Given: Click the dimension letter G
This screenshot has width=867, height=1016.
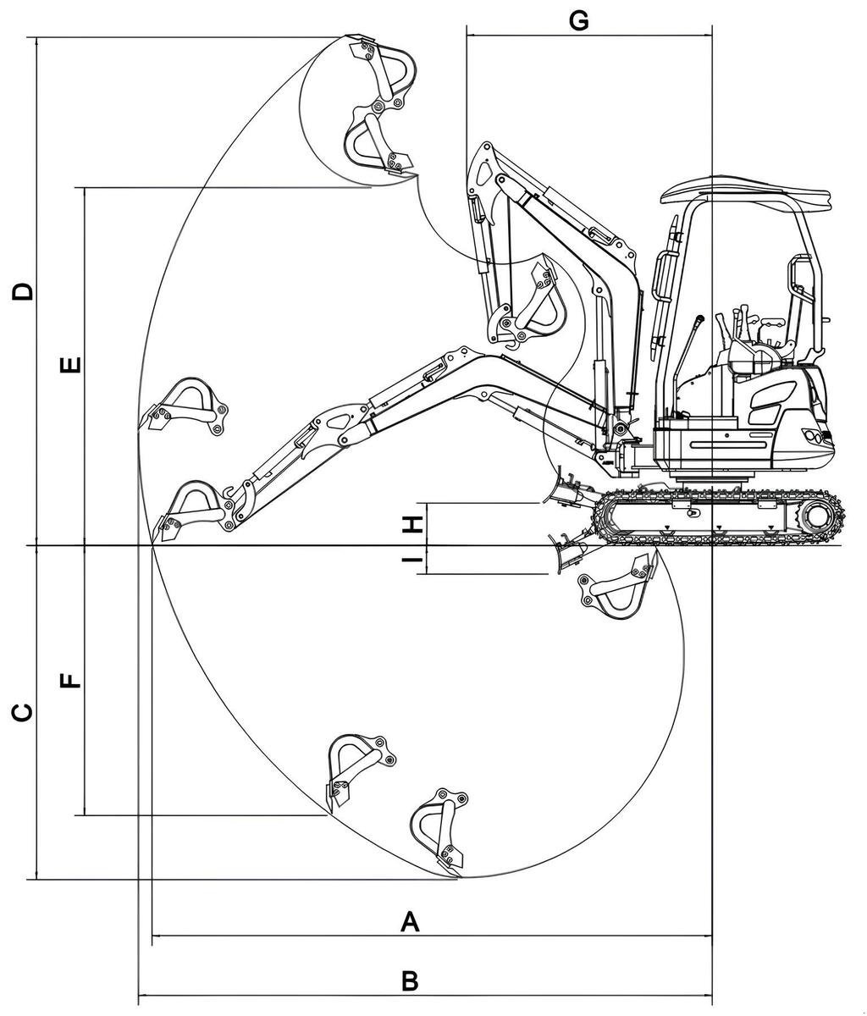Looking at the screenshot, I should (578, 20).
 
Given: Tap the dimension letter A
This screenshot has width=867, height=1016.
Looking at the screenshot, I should (410, 921).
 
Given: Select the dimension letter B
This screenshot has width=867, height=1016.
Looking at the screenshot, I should (410, 981).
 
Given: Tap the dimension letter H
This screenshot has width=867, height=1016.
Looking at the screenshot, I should (412, 524).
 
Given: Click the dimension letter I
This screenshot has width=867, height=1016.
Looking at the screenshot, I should (412, 560).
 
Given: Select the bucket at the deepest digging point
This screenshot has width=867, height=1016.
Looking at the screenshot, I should (440, 830).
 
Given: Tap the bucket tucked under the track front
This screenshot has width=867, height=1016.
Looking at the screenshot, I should (618, 588).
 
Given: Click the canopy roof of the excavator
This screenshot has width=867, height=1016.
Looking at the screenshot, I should (745, 191).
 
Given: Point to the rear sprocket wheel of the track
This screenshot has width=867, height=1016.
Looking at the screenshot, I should (816, 514).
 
